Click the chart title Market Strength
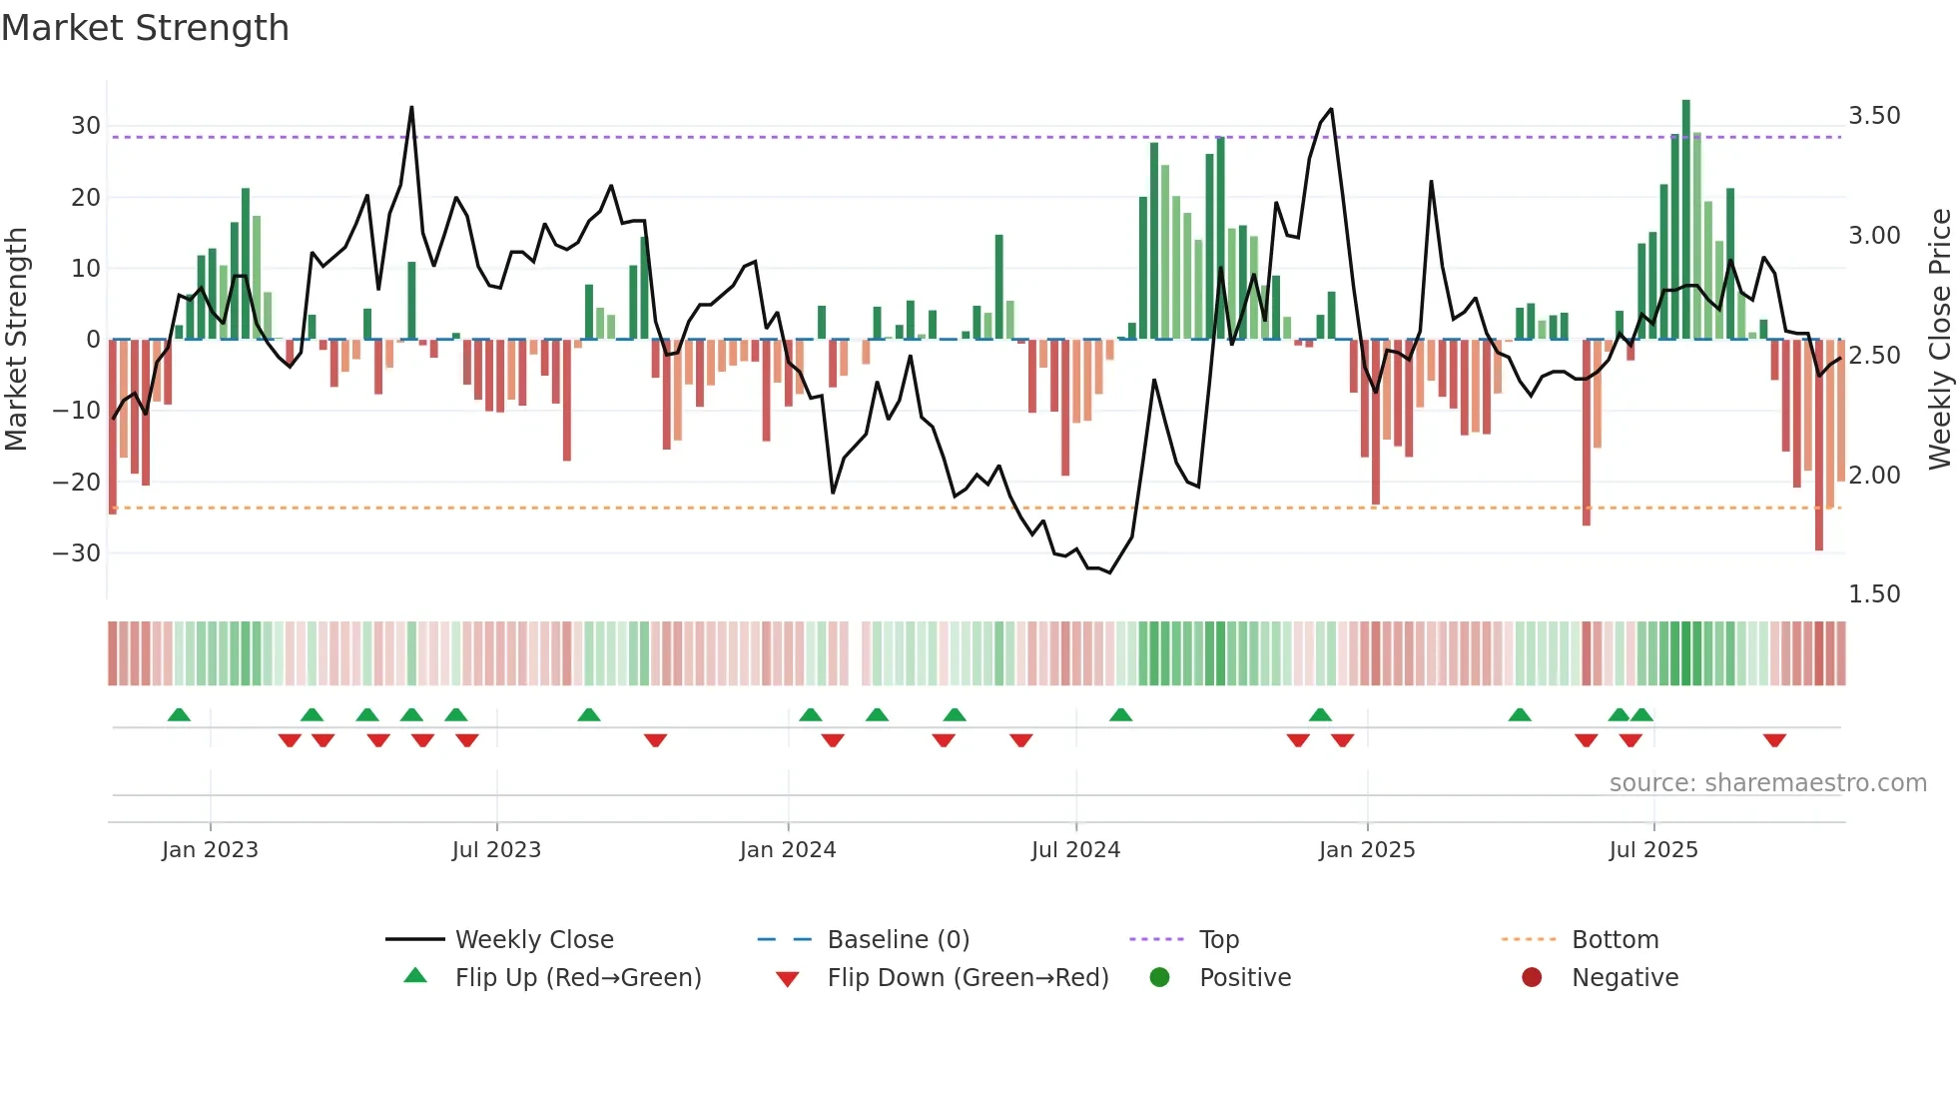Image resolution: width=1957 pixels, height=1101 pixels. click(145, 28)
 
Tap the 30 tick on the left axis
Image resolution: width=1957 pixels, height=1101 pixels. click(86, 126)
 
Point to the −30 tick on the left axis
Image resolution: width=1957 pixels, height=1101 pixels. click(77, 552)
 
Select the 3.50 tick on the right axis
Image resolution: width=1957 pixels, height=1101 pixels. click(1874, 116)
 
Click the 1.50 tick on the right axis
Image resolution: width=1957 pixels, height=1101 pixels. click(1874, 594)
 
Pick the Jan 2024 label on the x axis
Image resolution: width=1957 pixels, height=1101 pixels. click(787, 850)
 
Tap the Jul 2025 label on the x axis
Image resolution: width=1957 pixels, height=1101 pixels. click(1652, 850)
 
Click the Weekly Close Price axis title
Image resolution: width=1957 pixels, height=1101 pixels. click(1939, 340)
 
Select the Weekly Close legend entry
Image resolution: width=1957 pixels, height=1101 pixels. click(534, 940)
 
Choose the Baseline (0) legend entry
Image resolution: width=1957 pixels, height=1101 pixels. click(898, 940)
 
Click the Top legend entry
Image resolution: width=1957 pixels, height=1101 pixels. click(1218, 940)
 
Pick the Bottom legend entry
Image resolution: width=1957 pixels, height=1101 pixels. click(1615, 940)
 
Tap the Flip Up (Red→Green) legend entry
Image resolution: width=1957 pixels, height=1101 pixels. click(577, 978)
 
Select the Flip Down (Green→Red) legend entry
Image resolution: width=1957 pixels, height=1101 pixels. click(968, 978)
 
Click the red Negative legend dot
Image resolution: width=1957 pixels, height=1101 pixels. click(1532, 978)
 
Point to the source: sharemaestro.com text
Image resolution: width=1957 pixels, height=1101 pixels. click(1767, 783)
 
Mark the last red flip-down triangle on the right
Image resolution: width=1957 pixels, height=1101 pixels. click(1774, 740)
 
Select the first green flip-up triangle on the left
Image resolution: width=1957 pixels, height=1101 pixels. click(179, 715)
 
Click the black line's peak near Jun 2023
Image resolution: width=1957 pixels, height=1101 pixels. click(411, 108)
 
